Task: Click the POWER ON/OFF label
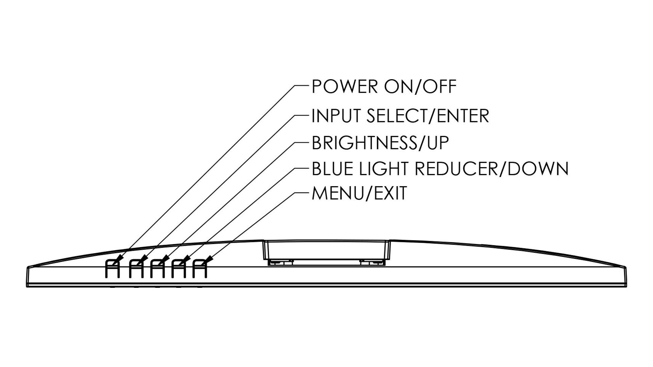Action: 384,86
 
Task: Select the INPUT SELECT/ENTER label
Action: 400,116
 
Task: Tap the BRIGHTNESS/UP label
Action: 380,143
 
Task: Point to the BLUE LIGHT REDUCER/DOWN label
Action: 440,169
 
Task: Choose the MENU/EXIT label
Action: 359,193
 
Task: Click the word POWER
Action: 345,86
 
